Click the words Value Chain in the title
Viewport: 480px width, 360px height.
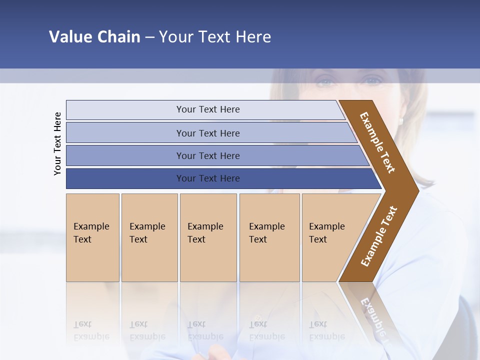(94, 37)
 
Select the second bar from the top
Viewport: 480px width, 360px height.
(208, 133)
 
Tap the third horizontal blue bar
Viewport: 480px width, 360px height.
(208, 155)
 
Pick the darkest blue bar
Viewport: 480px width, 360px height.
(208, 178)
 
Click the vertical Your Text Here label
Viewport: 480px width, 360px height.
(57, 143)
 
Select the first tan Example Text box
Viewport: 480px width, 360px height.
(92, 237)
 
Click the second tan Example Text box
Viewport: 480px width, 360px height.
(149, 237)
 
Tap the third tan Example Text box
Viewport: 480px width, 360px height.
(208, 237)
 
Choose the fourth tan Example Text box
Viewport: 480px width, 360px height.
(269, 237)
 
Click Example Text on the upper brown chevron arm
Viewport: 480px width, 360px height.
(377, 142)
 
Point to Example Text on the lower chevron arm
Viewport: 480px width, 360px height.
(379, 236)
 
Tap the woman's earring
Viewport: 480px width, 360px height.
(401, 121)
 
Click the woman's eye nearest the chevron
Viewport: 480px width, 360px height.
(372, 81)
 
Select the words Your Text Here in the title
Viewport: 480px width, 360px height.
(215, 37)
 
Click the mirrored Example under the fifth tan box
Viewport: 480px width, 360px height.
(327, 336)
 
